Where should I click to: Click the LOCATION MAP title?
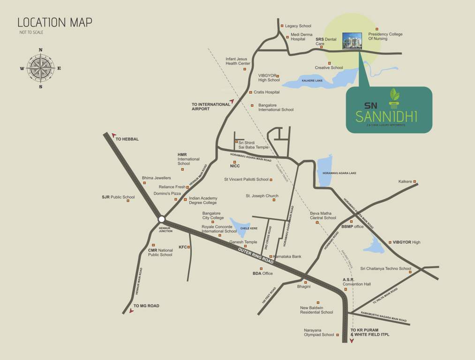pyautogui.click(x=55, y=22)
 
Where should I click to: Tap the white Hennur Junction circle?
pyautogui.click(x=161, y=219)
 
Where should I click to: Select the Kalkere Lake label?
pyautogui.click(x=312, y=81)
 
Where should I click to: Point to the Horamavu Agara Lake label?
pyautogui.click(x=339, y=173)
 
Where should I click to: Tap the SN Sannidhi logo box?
pyautogui.click(x=389, y=109)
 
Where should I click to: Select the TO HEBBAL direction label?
pyautogui.click(x=127, y=139)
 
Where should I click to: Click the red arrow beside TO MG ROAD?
pyautogui.click(x=131, y=310)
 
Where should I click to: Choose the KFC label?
pyautogui.click(x=183, y=247)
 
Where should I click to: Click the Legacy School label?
pyautogui.click(x=298, y=26)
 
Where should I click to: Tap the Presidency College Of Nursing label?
pyautogui.click(x=385, y=37)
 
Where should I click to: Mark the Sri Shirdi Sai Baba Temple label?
pyautogui.click(x=253, y=144)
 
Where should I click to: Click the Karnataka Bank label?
pyautogui.click(x=287, y=256)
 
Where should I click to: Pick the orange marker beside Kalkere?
pyautogui.click(x=415, y=181)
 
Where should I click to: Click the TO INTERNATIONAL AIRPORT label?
pyautogui.click(x=211, y=106)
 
